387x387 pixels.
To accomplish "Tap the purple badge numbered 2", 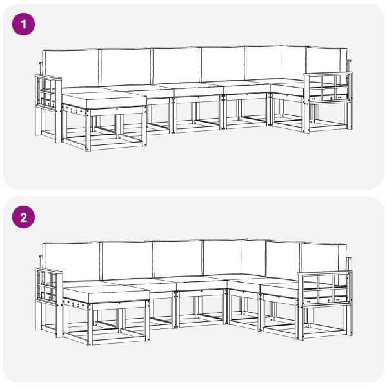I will click(24, 217).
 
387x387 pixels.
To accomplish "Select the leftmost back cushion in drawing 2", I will click(71, 260).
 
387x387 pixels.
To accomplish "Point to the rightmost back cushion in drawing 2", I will click(322, 257).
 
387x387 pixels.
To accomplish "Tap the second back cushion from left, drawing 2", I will click(127, 259).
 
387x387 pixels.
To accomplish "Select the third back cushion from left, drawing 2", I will click(178, 258).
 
